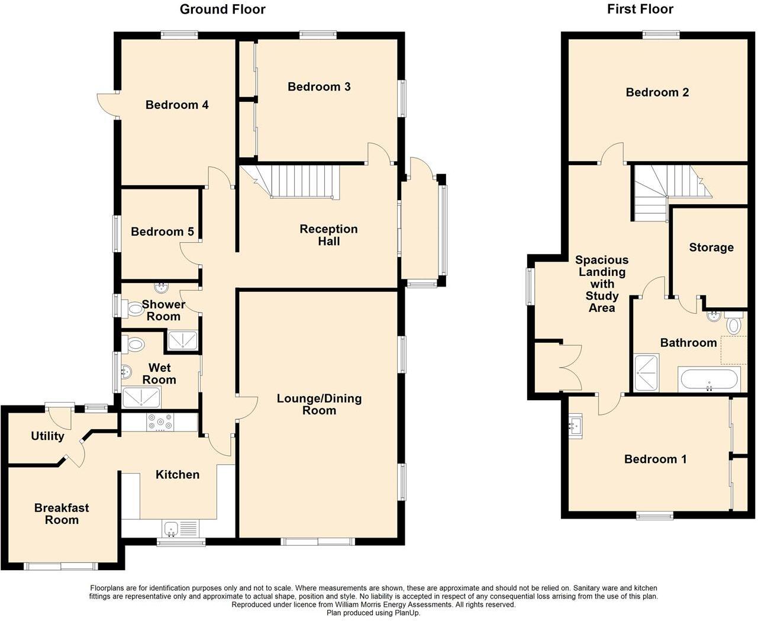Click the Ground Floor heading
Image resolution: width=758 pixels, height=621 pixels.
click(222, 9)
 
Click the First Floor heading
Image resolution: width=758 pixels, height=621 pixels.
click(640, 9)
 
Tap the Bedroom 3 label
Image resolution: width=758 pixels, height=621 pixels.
click(319, 87)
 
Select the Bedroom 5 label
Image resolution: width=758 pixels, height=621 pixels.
click(162, 232)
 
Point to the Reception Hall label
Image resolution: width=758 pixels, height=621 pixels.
click(328, 235)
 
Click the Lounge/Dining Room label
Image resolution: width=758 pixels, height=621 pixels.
click(319, 404)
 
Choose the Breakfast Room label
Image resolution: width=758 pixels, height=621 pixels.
click(62, 514)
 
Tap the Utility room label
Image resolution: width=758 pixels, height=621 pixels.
click(47, 436)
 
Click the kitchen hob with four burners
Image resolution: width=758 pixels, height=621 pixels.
click(160, 423)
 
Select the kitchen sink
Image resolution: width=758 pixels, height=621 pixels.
click(172, 526)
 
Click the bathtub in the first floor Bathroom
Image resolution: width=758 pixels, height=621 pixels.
click(708, 379)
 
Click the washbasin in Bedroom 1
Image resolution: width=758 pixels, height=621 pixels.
click(575, 424)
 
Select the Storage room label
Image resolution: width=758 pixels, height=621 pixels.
click(711, 248)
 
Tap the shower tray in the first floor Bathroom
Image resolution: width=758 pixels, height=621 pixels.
click(646, 373)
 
